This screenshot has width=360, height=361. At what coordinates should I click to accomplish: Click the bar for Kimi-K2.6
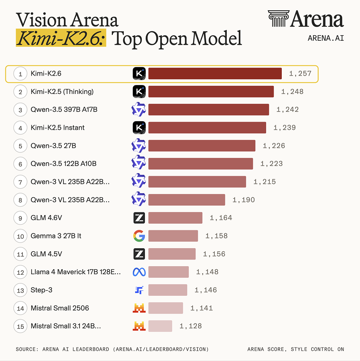coord(215,73)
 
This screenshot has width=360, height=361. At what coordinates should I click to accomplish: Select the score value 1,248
coord(292,92)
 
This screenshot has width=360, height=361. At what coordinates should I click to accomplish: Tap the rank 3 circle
coord(21,110)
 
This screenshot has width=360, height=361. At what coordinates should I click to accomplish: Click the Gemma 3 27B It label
coord(56,236)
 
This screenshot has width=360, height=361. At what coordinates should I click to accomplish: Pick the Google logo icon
coord(139,236)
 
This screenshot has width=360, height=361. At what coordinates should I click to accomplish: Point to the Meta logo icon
coord(139,272)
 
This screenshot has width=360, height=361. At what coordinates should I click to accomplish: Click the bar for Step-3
coord(168,290)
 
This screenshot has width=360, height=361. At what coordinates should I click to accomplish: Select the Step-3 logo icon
coord(139,290)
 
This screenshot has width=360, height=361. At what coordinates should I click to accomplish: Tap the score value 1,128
coord(191,326)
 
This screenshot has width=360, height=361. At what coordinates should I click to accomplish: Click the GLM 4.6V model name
coord(47,218)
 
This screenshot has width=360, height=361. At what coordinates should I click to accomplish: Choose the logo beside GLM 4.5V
coord(139,254)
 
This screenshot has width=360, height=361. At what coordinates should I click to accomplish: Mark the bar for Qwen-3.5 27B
coord(202,146)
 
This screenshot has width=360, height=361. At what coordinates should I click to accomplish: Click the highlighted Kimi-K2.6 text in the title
coord(61,38)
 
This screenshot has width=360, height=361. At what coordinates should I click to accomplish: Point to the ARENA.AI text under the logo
coord(326,38)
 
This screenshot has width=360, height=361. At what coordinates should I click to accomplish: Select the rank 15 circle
coord(21,326)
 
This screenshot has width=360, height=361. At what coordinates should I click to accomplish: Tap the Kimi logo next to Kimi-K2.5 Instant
coord(139,127)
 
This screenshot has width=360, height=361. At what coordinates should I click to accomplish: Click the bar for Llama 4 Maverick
coord(168,272)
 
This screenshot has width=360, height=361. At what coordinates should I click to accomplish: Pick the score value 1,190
coord(243,200)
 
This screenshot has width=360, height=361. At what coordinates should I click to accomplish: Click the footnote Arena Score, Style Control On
coord(296,349)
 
